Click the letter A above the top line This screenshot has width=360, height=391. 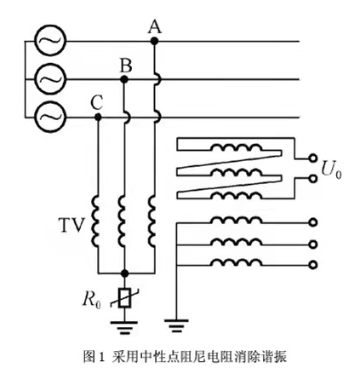pyautogui.click(x=154, y=26)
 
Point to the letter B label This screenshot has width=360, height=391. pyautogui.click(x=125, y=64)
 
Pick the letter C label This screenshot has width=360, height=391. pyautogui.click(x=97, y=101)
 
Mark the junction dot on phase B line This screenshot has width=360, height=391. pyautogui.click(x=125, y=78)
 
